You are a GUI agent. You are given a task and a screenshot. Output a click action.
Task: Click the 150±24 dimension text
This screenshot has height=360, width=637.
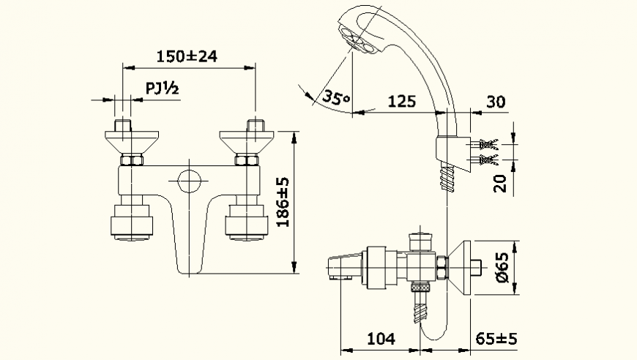click(188, 56)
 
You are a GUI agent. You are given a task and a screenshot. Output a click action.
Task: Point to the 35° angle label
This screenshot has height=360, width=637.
click(336, 98)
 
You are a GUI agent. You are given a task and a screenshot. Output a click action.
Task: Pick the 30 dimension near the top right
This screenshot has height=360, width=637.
click(496, 101)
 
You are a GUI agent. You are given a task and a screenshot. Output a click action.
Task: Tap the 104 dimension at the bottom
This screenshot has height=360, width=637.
click(380, 338)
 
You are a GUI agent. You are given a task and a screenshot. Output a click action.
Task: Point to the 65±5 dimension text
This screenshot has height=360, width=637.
click(496, 338)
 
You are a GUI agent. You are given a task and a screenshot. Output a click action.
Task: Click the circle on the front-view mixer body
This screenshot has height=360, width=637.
click(189, 181)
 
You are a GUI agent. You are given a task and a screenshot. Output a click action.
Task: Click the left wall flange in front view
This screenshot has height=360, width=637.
click(127, 140)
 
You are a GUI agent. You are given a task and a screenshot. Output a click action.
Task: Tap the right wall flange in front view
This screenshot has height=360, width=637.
click(250, 140)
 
